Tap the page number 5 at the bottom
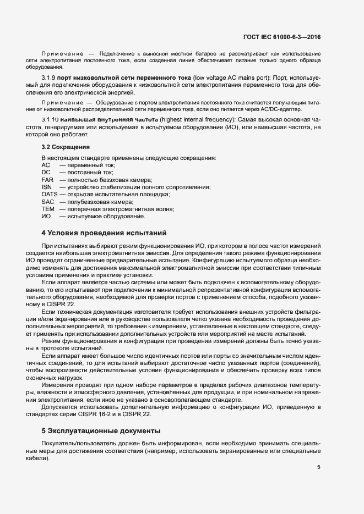318,468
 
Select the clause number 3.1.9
48,78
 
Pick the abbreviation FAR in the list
47,180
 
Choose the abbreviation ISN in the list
47,187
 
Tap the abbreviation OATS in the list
50,195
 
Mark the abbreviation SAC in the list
47,202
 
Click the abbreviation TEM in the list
48,209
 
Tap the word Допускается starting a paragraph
60,407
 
